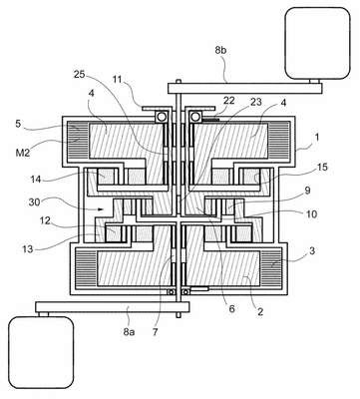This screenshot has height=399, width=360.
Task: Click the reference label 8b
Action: (220, 50)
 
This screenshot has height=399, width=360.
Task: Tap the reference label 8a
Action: (129, 331)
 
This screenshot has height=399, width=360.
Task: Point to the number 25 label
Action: (80, 74)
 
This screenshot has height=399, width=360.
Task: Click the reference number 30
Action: (35, 201)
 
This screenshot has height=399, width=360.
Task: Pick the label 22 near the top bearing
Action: (229, 101)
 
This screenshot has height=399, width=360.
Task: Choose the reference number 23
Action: (256, 102)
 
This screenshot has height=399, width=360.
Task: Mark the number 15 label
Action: (322, 167)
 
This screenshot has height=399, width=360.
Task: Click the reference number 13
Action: (28, 248)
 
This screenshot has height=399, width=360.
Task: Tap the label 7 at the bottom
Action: (155, 331)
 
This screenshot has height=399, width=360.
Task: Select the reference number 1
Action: (317, 138)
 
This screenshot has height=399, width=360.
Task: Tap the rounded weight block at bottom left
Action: (41, 352)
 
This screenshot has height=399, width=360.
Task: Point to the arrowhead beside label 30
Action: (101, 209)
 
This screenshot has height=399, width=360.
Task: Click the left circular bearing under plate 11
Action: (162, 117)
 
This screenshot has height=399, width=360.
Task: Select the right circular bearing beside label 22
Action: (195, 117)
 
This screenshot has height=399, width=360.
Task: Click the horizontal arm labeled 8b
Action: (245, 88)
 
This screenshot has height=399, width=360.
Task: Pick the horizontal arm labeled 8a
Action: (113, 307)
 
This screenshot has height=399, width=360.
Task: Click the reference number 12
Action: (45, 220)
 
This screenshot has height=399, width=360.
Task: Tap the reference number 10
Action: (311, 213)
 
